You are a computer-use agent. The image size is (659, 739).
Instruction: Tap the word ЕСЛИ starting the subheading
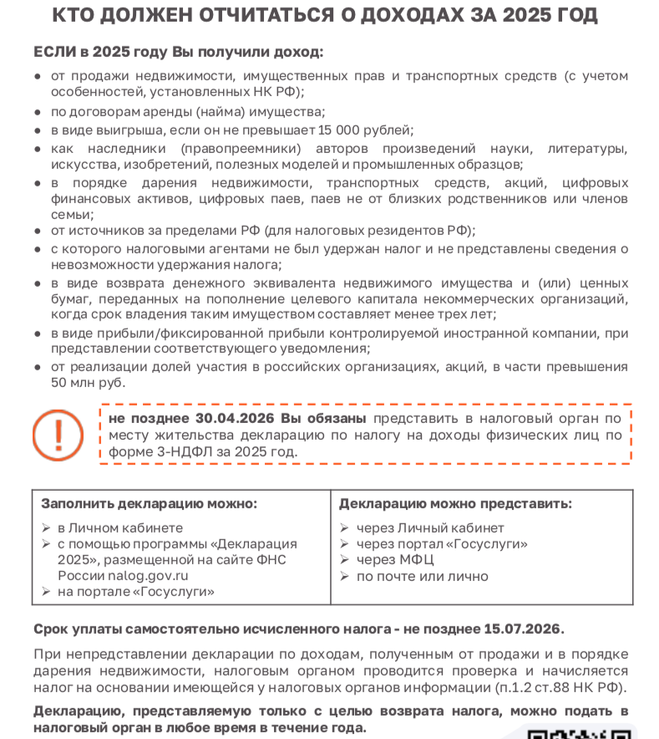pos(53,52)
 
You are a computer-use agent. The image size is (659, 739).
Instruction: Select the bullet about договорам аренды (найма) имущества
pos(188,111)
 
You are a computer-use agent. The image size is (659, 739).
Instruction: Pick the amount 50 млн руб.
pos(88,382)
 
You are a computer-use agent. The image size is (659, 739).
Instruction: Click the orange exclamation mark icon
pos(58,434)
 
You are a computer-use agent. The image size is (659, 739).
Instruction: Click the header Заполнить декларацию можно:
pos(150,503)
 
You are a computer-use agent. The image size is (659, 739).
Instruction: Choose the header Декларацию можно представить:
pos(455,503)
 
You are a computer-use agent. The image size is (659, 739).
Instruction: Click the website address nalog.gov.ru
pos(148,575)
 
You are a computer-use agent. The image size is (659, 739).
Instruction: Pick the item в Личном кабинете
pos(119,527)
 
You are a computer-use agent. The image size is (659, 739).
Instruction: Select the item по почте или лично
pos(422,576)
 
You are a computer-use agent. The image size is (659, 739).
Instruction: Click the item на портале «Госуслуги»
pos(135,591)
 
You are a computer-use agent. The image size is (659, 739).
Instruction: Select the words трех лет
pos(469,314)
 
